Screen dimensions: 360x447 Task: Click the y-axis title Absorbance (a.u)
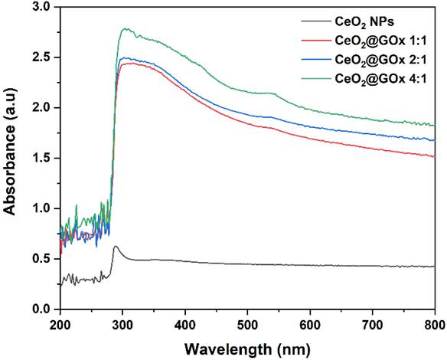(x=11, y=158)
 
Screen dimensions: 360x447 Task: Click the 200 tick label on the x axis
(x=60, y=324)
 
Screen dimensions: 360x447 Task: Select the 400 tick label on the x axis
(x=184, y=324)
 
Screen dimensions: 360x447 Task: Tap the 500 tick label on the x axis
(x=247, y=324)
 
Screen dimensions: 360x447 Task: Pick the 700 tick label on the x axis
(x=372, y=324)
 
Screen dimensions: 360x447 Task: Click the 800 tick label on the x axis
(x=432, y=324)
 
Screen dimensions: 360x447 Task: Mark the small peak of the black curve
(x=116, y=247)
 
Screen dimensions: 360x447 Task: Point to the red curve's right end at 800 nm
(x=434, y=156)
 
